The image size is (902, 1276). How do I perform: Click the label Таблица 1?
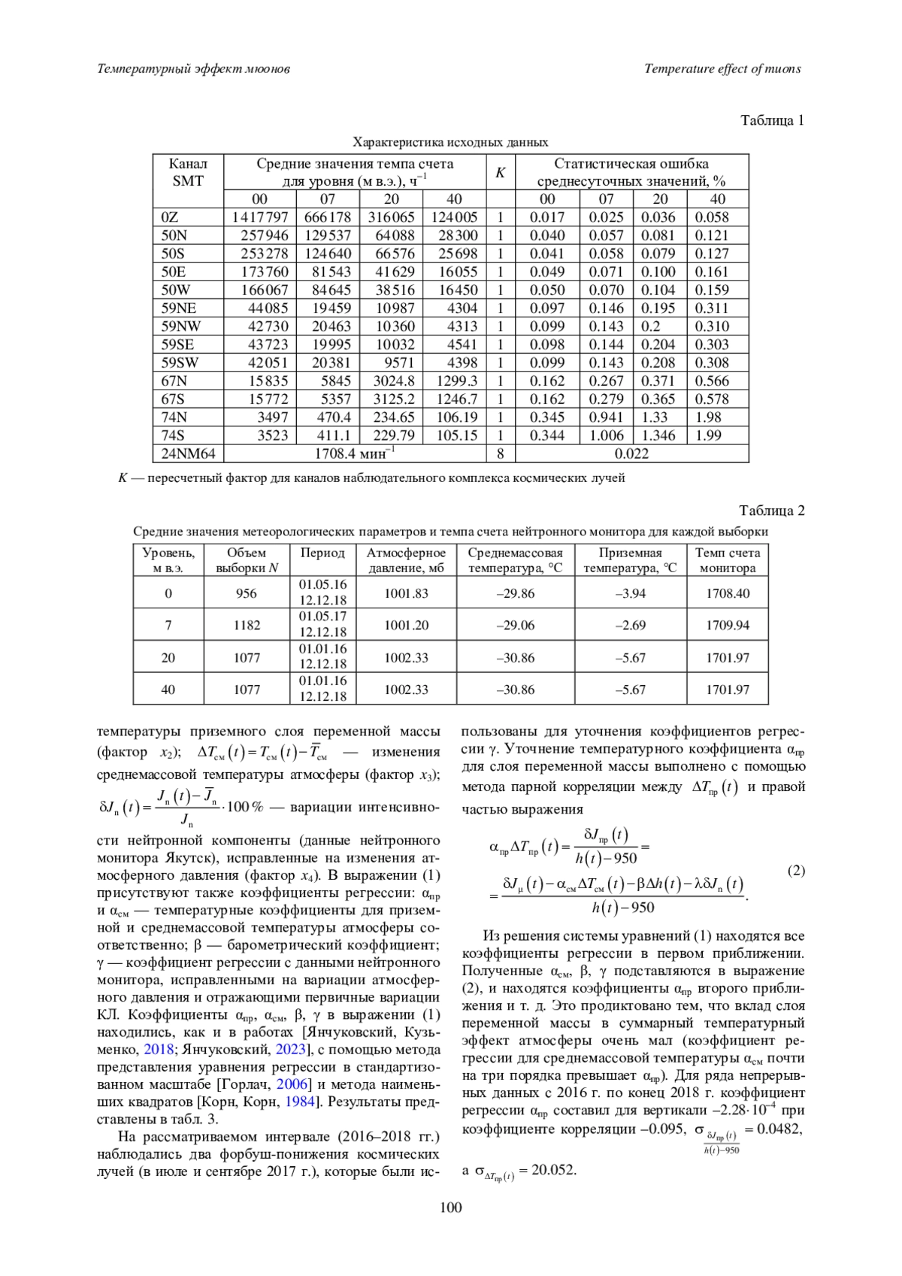coord(772,120)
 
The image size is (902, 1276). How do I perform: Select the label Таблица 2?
coord(772,511)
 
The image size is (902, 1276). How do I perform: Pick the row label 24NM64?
coord(188,453)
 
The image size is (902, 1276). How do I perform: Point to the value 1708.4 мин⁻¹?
coord(355,453)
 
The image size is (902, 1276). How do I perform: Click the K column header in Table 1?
coord(500,172)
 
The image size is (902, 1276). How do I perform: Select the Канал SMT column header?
coord(188,172)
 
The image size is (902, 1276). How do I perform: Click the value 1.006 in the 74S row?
coord(606,435)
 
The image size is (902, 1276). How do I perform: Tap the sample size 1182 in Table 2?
coord(247,626)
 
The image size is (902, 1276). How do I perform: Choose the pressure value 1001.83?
coord(406,593)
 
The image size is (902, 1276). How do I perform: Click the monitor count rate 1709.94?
coord(727,626)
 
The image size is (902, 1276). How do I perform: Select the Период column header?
coord(322,553)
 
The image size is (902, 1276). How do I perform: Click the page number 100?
coord(451,1208)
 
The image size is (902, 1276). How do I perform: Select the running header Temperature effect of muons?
coord(722,69)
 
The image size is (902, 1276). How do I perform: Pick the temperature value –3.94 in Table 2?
coord(630,593)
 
